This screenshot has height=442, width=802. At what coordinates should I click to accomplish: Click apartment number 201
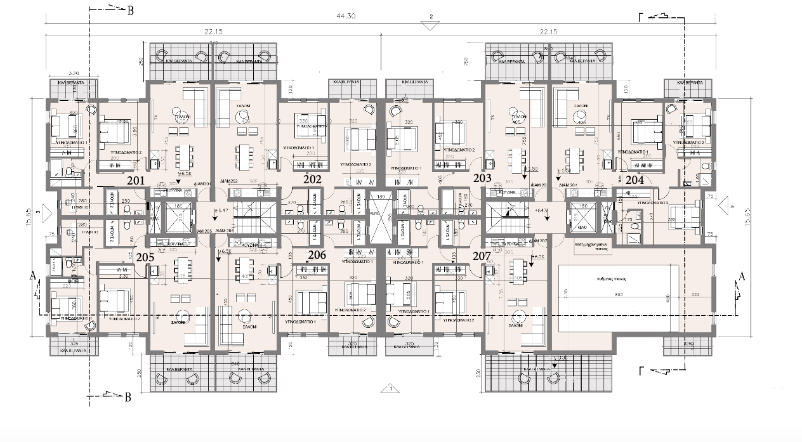tap(136, 181)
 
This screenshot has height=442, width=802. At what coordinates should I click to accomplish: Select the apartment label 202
tap(312, 179)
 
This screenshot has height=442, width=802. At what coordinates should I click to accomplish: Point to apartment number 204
tap(635, 180)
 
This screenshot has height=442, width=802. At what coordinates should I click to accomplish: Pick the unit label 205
tap(145, 257)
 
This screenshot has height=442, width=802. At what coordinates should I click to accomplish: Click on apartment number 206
tap(317, 255)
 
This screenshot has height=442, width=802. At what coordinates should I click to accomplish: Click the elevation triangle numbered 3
tap(39, 212)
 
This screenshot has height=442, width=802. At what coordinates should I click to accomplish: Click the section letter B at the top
tap(131, 11)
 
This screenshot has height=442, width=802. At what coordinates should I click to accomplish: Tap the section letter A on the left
tap(33, 275)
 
